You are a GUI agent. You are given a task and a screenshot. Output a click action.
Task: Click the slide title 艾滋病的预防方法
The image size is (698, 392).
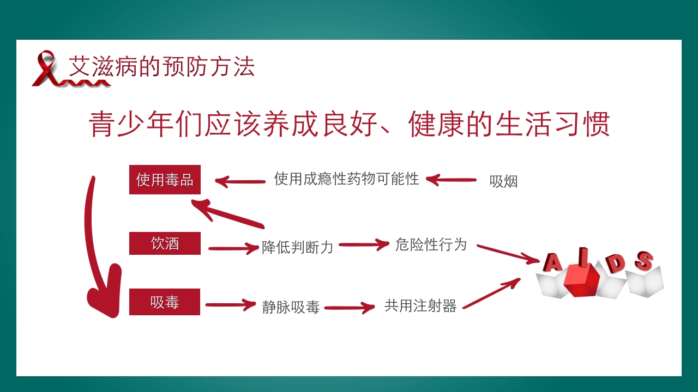click(x=161, y=68)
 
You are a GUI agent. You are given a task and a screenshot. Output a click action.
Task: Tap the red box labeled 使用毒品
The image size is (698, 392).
click(x=165, y=180)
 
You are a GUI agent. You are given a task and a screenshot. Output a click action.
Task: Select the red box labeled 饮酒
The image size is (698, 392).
click(x=165, y=243)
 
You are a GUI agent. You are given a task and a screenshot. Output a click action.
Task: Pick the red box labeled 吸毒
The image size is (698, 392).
click(x=165, y=302)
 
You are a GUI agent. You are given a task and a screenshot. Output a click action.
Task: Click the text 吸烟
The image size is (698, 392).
click(x=503, y=182)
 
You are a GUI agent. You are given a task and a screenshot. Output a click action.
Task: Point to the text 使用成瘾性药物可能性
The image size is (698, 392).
click(x=346, y=179)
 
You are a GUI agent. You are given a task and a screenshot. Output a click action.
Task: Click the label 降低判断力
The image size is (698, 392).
click(x=297, y=247)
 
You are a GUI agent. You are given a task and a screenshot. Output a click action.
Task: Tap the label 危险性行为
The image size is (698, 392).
click(x=431, y=244)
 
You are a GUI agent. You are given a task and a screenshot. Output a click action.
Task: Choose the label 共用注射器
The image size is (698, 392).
click(x=420, y=305)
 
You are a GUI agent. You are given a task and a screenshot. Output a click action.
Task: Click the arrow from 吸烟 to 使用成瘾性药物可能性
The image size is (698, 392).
click(x=451, y=180)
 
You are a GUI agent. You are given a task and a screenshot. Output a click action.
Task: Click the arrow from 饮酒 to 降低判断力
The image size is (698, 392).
click(x=233, y=248)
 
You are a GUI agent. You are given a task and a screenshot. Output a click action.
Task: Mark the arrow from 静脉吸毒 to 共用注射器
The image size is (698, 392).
click(x=349, y=308)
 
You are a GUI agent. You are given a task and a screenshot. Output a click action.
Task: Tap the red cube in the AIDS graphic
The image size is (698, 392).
click(x=581, y=279)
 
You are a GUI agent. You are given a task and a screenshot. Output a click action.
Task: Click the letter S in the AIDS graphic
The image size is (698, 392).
click(x=644, y=261)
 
